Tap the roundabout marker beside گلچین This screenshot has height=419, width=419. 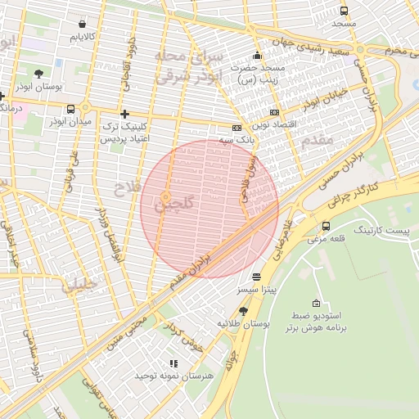(x=166, y=197)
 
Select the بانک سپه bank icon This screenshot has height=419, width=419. (x=237, y=128)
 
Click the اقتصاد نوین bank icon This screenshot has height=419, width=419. (x=273, y=112)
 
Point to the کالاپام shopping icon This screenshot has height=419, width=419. (x=82, y=25)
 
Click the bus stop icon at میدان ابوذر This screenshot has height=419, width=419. (x=71, y=109)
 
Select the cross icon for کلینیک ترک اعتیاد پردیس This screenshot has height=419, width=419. (x=124, y=114)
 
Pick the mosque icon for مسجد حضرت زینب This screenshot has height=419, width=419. (x=257, y=56)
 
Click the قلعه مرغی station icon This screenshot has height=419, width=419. (x=327, y=226)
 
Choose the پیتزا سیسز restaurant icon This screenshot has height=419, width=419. (x=257, y=277)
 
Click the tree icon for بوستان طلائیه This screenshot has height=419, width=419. (x=243, y=311)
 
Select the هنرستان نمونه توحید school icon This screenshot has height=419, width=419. (x=173, y=363)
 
